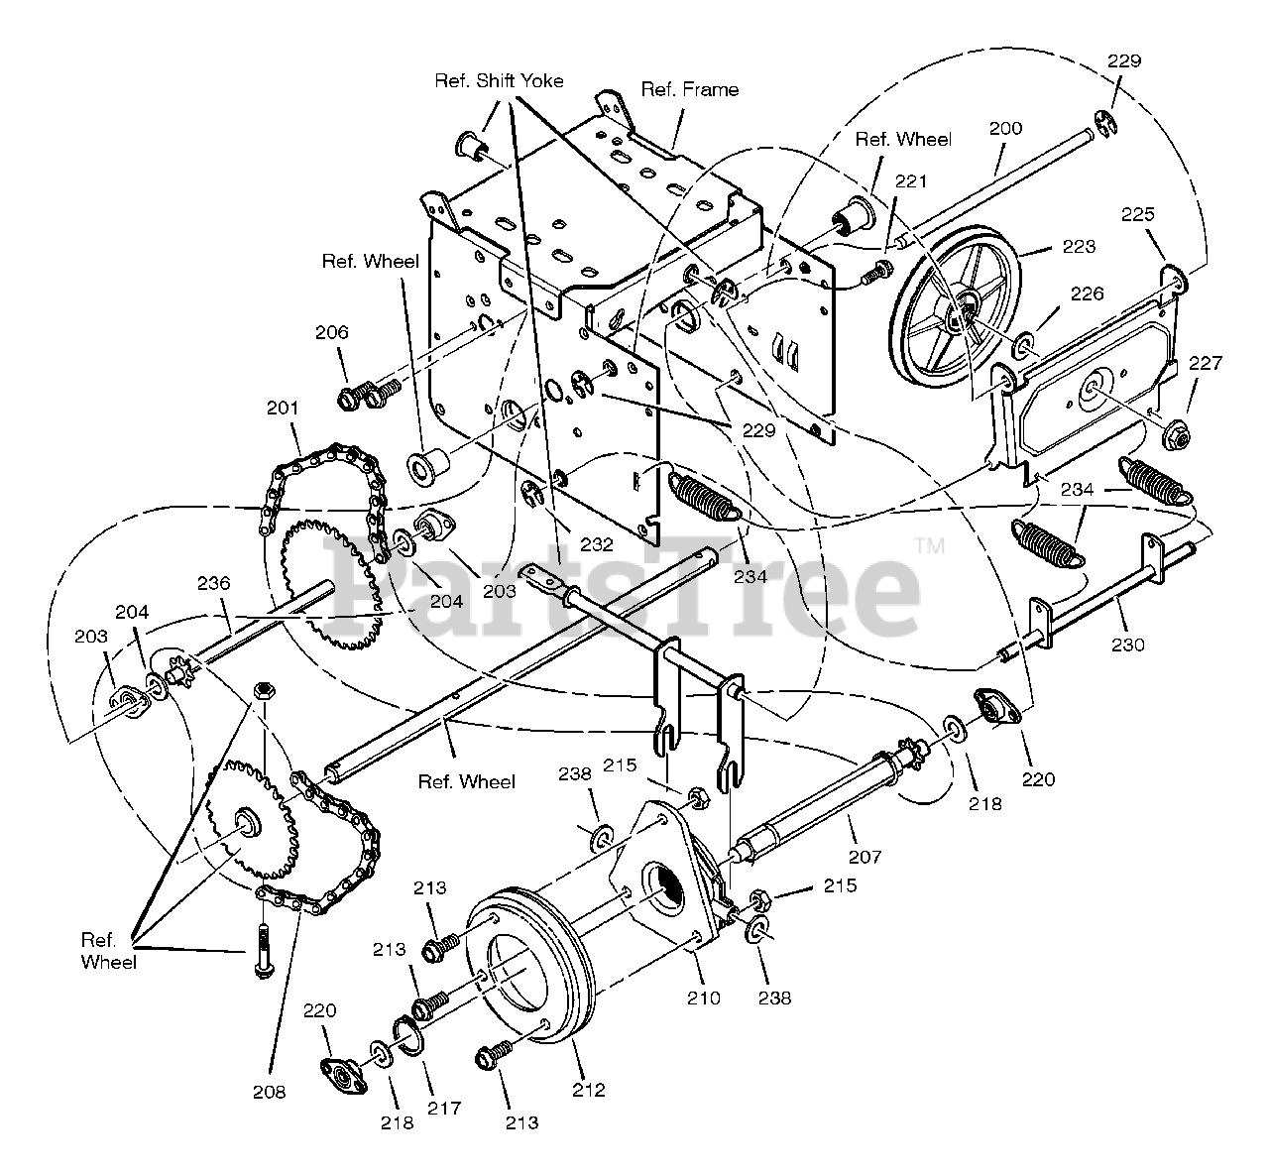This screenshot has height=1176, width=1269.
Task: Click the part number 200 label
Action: click(x=1004, y=129)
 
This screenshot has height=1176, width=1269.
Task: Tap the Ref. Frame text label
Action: click(x=689, y=90)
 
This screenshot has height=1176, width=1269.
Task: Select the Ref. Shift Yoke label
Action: click(x=499, y=81)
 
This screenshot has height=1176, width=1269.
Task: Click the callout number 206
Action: click(x=332, y=333)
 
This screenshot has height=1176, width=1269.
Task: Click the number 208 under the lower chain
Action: click(x=269, y=1092)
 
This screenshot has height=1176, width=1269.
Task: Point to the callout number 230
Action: click(x=1128, y=645)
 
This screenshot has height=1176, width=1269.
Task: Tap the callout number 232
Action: click(x=597, y=543)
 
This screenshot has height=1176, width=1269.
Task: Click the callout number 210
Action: click(x=704, y=998)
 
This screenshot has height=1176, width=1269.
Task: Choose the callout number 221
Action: click(x=911, y=181)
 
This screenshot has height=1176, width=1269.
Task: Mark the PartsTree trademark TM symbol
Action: click(x=929, y=544)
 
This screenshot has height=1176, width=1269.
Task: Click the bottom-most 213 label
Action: click(x=522, y=1122)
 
